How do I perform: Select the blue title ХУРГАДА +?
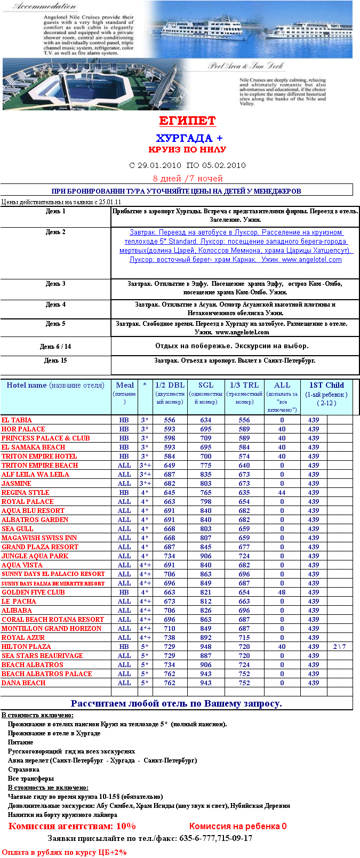189,138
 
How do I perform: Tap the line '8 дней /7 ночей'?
188,179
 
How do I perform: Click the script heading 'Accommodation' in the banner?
45,6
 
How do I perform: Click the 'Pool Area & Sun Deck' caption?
246,66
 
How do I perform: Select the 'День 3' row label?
55,284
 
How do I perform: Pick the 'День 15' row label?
55,360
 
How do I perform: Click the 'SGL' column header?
206,385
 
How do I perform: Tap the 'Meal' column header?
125,385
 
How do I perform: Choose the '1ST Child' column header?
326,385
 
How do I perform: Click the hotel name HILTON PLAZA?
26,647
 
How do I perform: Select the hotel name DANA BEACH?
23,683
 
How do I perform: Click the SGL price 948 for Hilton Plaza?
206,647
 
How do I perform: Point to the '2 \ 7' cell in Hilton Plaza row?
340,647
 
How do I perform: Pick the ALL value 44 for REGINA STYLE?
282,493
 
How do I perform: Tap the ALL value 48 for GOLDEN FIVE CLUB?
282,592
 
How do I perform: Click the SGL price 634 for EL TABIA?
206,420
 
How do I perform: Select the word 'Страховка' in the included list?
23,769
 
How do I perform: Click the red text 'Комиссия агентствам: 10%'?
72,826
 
